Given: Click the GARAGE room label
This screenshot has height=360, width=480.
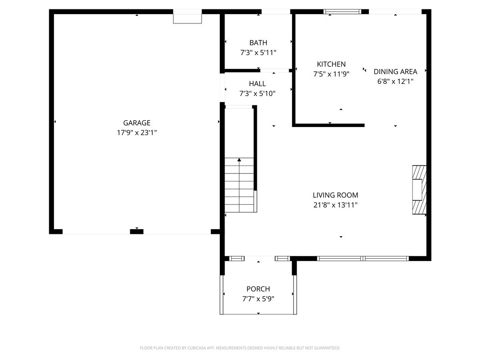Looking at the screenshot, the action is [x=136, y=123].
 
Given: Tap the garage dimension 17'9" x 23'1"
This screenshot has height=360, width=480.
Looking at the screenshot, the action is [x=136, y=133].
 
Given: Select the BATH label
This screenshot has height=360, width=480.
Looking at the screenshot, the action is [x=258, y=43].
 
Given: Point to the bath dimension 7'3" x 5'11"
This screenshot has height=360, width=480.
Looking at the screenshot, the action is [x=258, y=52].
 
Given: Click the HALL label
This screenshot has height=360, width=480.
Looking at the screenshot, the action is [x=257, y=83].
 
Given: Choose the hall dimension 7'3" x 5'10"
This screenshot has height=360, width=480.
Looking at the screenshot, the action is [x=257, y=93].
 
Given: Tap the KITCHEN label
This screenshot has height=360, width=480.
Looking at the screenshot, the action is [x=331, y=64].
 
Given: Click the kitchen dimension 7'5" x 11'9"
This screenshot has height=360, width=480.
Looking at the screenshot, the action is [x=331, y=74].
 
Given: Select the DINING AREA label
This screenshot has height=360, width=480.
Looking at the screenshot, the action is [x=395, y=71].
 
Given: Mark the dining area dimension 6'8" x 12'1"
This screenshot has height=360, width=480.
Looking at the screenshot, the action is [x=395, y=81].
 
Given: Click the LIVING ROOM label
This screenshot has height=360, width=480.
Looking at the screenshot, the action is [x=335, y=195].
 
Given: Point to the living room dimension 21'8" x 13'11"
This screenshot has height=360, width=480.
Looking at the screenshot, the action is [x=335, y=205].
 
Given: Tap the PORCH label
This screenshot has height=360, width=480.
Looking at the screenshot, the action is [x=258, y=289].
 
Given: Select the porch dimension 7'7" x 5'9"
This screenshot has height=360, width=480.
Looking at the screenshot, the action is [x=258, y=299].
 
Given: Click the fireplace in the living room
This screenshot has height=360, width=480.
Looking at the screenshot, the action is [x=419, y=190].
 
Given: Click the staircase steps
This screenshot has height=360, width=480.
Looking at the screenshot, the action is [x=239, y=185].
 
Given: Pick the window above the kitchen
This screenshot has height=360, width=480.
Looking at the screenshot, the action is [x=342, y=12].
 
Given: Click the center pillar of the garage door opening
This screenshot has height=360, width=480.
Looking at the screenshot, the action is [x=136, y=232].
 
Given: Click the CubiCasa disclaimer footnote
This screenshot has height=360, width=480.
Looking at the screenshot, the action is [x=240, y=348].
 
